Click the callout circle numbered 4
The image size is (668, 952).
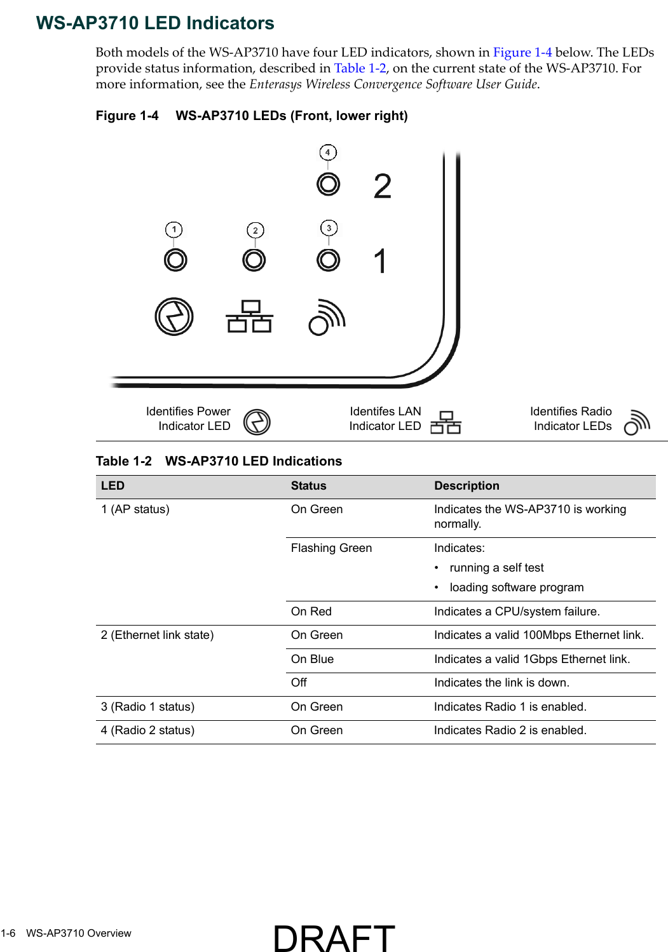pos(328,152)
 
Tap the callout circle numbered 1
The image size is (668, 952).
pos(174,229)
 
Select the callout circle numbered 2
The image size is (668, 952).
pos(255,230)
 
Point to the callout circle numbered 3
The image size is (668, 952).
pos(329,228)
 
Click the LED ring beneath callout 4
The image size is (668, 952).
pos(329,184)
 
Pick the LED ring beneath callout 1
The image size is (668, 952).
pos(175,260)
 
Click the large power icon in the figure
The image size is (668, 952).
pos(174,316)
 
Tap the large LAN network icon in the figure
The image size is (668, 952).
pos(250,316)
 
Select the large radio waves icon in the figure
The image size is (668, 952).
pos(327,317)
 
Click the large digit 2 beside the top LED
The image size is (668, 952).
pos(382,187)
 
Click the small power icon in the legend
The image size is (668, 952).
pos(257,422)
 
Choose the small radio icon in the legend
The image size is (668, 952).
pos(637,422)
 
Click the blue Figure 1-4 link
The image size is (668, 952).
pos(522,53)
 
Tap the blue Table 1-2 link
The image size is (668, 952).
pos(360,69)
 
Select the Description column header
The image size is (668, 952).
pos(467,486)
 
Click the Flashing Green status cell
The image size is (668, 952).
pos(331,548)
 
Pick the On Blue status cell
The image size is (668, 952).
pos(312,659)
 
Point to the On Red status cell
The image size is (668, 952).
pos(311,612)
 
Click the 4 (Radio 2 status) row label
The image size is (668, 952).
pos(147,730)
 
